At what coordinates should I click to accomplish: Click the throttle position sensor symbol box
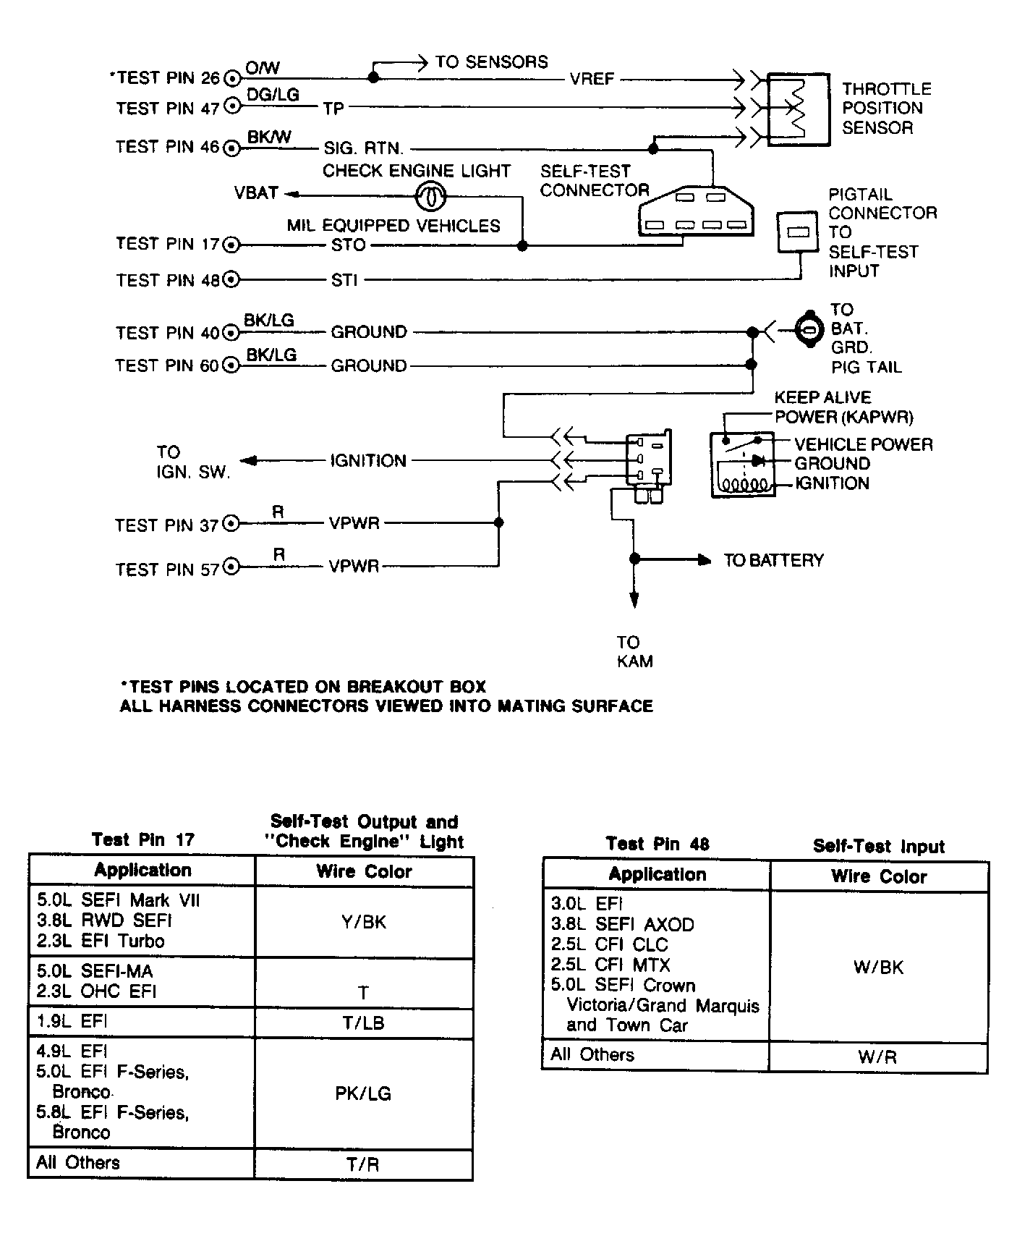pos(797,109)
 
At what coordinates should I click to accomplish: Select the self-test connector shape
pos(696,210)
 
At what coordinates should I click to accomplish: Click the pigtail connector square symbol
pos(796,232)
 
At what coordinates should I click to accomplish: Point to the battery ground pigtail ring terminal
pos(808,331)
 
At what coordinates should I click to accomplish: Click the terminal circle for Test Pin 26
pos(232,78)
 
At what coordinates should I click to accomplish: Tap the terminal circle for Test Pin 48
pos(231,279)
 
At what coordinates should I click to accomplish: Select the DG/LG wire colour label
pos(273,95)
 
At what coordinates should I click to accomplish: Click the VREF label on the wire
pos(592,79)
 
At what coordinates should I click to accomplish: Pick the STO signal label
pos(348,245)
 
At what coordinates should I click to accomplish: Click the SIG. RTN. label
pos(363,148)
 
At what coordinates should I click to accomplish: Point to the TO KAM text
pos(634,651)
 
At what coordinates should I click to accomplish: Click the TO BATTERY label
pos(773,560)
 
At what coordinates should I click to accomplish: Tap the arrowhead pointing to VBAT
pos(291,193)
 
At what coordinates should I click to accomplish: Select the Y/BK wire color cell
pos(364,922)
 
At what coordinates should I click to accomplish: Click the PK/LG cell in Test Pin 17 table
pos(363,1093)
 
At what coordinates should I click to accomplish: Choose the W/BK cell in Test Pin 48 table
pos(878,967)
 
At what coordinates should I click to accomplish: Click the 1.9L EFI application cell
pos(142,1022)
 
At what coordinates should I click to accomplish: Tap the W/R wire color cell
pos(877,1057)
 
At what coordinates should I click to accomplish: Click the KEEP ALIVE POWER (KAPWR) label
pos(843,407)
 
